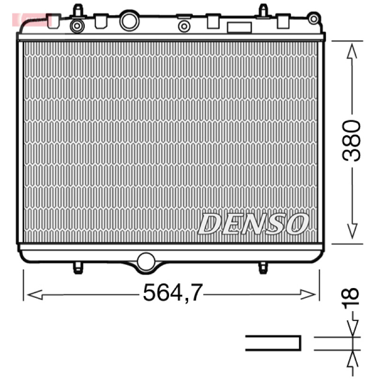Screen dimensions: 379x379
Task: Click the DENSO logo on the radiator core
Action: pyautogui.click(x=253, y=224)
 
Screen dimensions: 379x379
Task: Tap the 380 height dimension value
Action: pyautogui.click(x=351, y=140)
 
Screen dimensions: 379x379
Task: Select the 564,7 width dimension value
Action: pyautogui.click(x=173, y=293)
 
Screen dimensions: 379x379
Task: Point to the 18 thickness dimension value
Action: pyautogui.click(x=350, y=298)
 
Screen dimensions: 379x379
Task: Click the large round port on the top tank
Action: pyautogui.click(x=129, y=20)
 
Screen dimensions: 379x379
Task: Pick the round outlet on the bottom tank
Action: pyautogui.click(x=146, y=262)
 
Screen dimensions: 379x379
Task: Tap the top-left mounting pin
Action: pyautogui.click(x=78, y=11)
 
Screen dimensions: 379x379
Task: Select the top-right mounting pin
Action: pyautogui.click(x=263, y=11)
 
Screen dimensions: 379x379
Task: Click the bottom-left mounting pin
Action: pyautogui.click(x=78, y=268)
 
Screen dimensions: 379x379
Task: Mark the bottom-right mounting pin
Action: pyautogui.click(x=263, y=268)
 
